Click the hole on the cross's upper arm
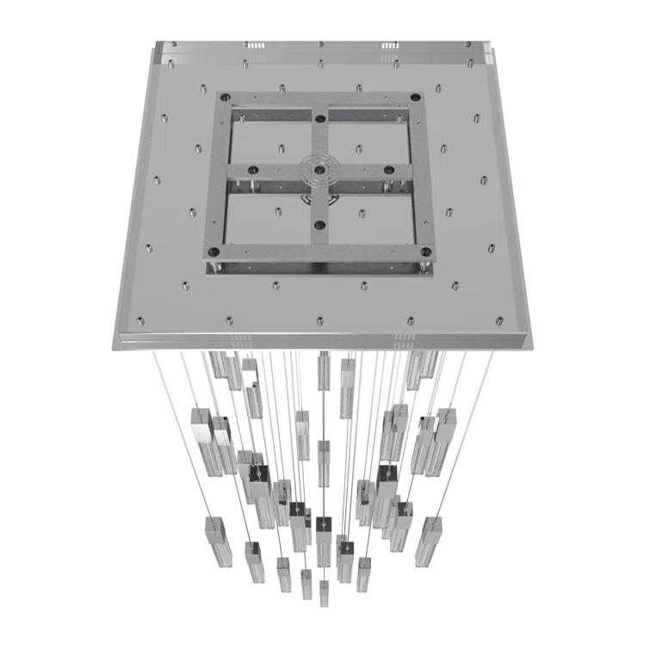319,118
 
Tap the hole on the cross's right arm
389,170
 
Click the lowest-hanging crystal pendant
324,593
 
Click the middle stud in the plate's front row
320,320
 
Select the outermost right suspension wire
465,430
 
